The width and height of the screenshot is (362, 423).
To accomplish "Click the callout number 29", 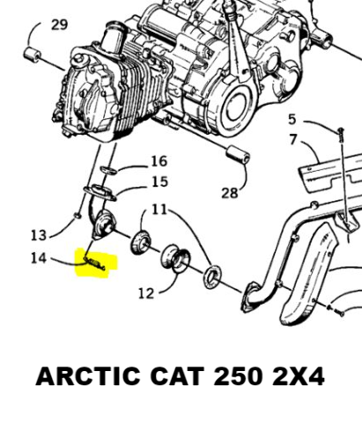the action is (60, 25).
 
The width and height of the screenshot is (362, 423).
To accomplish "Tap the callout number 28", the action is (230, 193).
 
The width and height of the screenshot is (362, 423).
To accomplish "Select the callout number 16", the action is (159, 161).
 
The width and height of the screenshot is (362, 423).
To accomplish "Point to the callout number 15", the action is (160, 182).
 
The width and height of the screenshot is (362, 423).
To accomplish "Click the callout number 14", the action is (39, 258).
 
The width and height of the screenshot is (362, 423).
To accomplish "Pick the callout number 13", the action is (39, 235).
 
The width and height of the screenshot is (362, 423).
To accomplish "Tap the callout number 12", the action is (146, 293).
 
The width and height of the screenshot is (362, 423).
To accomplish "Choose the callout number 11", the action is (159, 210).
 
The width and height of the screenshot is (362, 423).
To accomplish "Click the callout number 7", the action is (293, 139).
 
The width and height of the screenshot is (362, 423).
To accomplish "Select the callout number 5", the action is (292, 119).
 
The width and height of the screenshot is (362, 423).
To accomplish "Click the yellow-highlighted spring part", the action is (94, 263).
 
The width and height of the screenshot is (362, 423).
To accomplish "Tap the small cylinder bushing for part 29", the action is (33, 55).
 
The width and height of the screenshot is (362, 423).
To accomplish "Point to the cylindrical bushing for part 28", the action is (238, 154).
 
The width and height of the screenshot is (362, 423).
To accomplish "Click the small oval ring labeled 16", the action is (109, 170).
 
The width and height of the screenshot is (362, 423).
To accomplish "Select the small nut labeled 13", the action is (78, 216).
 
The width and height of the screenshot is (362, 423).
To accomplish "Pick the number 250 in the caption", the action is (238, 376).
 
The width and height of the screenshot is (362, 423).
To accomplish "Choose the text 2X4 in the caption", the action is (299, 376).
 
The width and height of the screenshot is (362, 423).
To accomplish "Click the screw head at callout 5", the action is (341, 130).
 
